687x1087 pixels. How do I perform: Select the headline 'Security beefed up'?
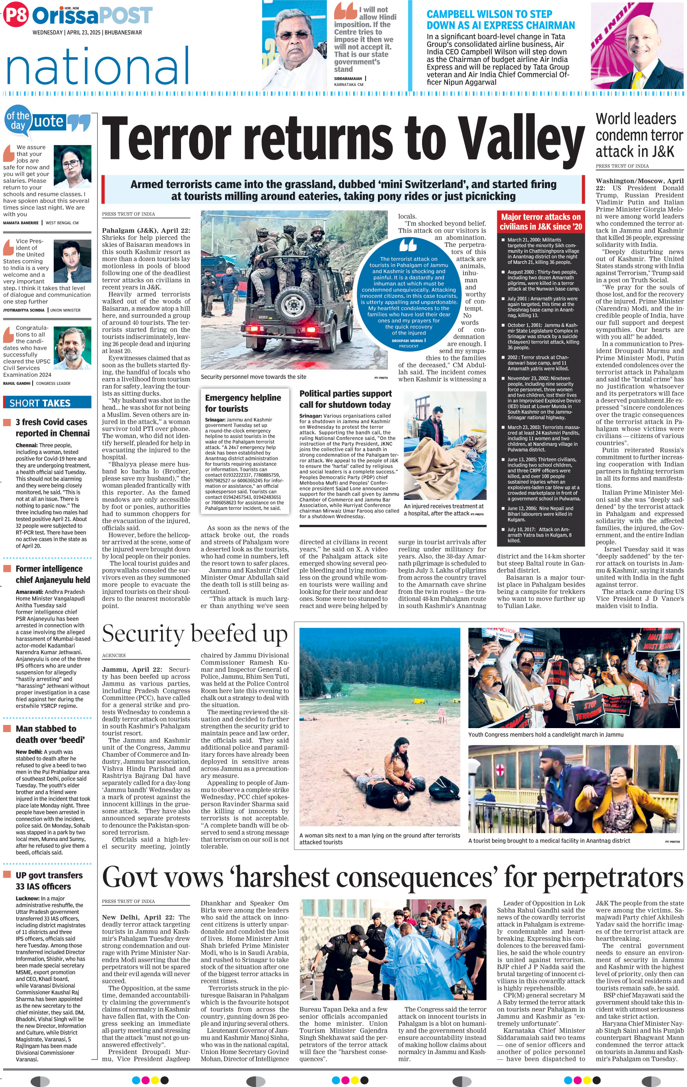click(x=195, y=634)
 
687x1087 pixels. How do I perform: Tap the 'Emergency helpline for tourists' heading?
click(x=243, y=403)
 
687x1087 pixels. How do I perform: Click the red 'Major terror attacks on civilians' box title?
click(x=541, y=222)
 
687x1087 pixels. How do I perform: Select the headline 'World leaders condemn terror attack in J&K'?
click(x=639, y=135)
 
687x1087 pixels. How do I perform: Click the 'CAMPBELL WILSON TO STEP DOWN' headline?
click(x=500, y=20)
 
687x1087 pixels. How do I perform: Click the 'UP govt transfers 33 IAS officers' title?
click(x=49, y=880)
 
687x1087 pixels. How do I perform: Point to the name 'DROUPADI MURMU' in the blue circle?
click(x=407, y=340)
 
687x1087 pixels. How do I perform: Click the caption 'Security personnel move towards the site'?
click(x=253, y=377)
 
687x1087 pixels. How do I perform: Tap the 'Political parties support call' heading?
click(x=346, y=399)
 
